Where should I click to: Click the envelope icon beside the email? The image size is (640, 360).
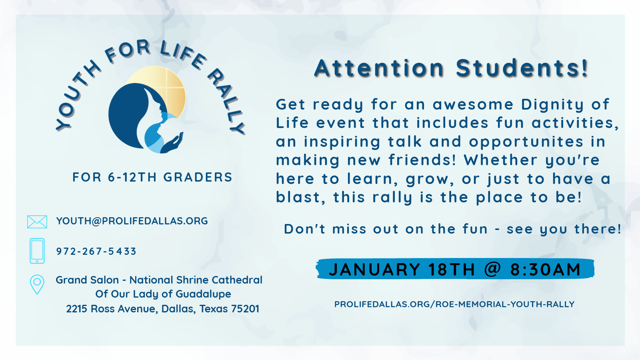pyautogui.click(x=37, y=222)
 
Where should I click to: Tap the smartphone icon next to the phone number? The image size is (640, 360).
pyautogui.click(x=37, y=251)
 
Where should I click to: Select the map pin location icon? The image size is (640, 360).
pyautogui.click(x=37, y=284)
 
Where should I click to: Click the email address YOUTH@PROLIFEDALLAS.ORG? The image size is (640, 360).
pyautogui.click(x=132, y=221)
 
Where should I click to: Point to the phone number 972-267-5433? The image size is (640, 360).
pyautogui.click(x=96, y=252)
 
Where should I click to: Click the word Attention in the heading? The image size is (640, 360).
pyautogui.click(x=379, y=68)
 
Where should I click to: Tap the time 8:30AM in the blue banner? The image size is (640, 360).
pyautogui.click(x=546, y=269)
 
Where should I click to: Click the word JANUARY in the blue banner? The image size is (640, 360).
pyautogui.click(x=374, y=269)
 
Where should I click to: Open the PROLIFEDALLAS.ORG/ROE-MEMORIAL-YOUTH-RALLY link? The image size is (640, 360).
pyautogui.click(x=454, y=304)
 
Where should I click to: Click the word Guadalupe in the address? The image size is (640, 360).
pyautogui.click(x=203, y=294)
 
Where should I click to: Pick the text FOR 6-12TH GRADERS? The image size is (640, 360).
pyautogui.click(x=152, y=178)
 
